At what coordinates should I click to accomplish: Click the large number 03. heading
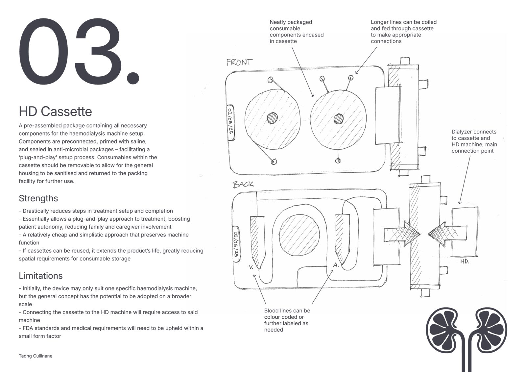coord(79,51)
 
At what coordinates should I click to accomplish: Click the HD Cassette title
coord(55,112)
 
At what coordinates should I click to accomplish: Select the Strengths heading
coord(38,198)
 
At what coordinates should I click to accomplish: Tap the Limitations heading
coord(40,276)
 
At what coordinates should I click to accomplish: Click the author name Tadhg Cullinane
coord(36,356)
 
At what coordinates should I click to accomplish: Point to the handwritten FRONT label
coord(240,62)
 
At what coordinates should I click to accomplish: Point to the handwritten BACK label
coord(243,184)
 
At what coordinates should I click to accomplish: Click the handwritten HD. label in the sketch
coord(465,261)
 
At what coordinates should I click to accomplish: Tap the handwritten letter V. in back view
coord(251,267)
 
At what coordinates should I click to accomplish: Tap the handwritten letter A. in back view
coord(336,265)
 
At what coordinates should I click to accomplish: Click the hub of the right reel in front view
coord(338,119)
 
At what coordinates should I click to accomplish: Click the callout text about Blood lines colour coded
coord(287,320)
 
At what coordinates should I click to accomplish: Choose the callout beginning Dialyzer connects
coord(474,141)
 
